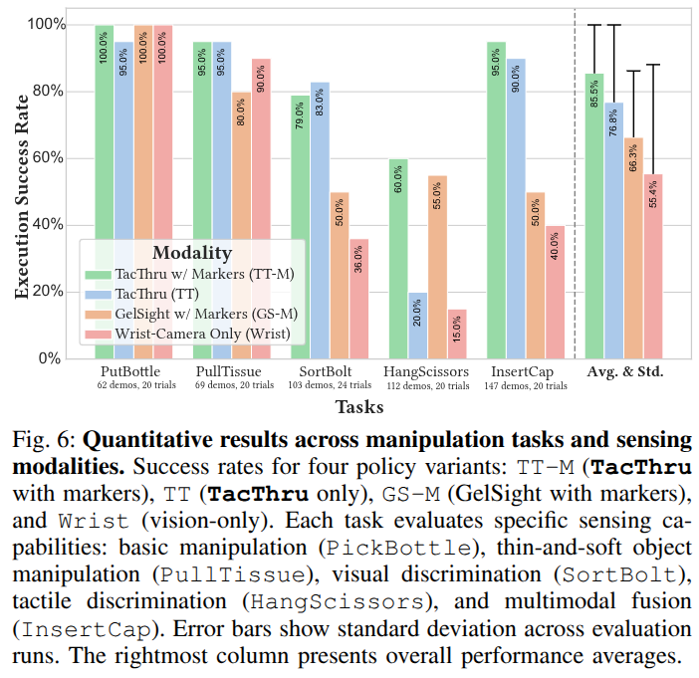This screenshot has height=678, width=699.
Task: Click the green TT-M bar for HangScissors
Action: tap(398, 259)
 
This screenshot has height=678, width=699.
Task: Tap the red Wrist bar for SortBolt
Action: tap(358, 299)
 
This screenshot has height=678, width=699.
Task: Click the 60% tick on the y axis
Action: tap(47, 158)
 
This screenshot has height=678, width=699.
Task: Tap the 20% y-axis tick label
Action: tap(47, 292)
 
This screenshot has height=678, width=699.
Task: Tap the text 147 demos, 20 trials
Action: tap(527, 385)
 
